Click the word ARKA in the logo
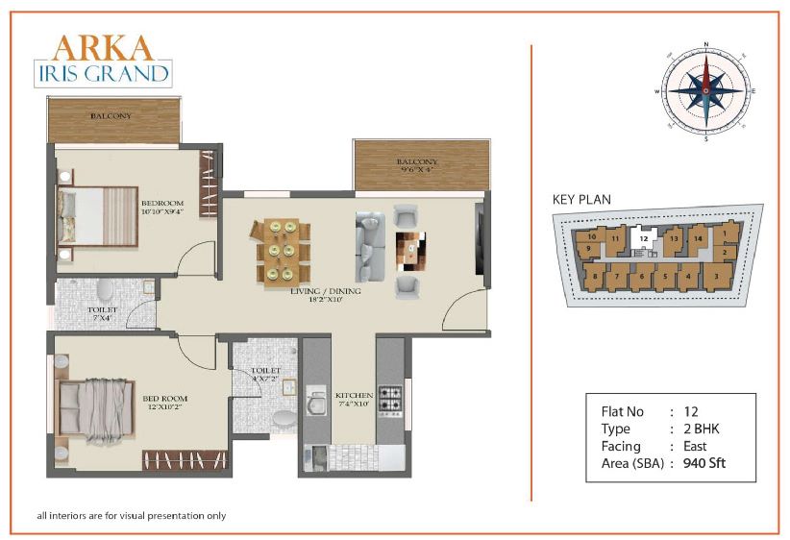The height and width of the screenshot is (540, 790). click(103, 48)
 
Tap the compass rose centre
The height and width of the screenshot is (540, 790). click(705, 90)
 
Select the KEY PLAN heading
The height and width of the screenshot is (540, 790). click(581, 200)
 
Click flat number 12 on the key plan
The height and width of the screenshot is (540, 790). click(643, 238)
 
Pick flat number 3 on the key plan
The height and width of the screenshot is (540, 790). click(716, 276)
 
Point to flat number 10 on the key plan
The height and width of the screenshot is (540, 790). click(591, 236)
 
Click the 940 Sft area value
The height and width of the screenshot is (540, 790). click(704, 463)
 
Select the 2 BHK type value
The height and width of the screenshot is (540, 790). click(702, 429)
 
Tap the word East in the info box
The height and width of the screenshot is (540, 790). click(695, 446)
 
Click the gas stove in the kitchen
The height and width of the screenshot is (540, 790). click(390, 401)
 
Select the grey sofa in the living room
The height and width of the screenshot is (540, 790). click(370, 246)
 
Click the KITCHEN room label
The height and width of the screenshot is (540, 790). click(355, 396)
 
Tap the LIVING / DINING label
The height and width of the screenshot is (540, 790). click(326, 291)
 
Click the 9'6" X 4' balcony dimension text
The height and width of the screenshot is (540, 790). click(416, 170)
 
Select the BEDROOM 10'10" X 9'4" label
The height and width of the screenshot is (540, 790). click(162, 207)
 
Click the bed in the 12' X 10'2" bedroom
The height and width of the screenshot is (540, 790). click(96, 407)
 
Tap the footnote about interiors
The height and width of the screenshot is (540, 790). click(132, 516)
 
